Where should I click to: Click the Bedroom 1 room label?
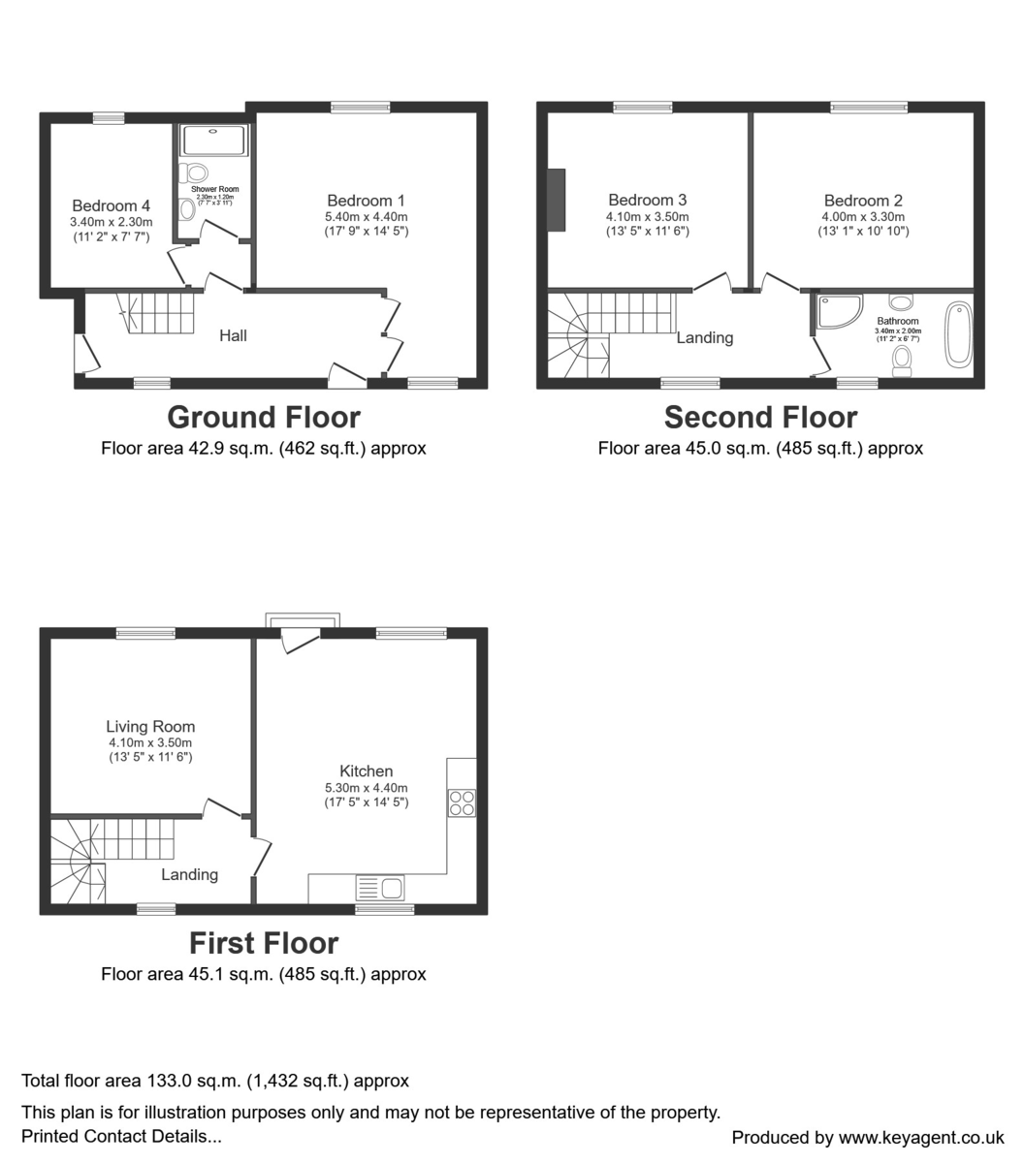point(367,202)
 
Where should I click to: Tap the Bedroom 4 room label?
point(112,205)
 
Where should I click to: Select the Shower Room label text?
point(214,189)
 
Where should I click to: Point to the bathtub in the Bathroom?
point(958,334)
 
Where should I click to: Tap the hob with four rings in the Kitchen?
point(462,803)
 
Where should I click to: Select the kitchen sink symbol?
point(381,888)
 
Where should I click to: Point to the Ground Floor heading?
point(264,418)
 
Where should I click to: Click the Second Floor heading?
point(760,418)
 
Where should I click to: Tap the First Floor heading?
point(264,943)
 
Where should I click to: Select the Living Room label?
point(150,727)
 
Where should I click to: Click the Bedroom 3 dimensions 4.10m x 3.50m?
point(648,217)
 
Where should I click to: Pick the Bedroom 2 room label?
point(863,201)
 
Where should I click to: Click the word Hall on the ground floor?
point(233,335)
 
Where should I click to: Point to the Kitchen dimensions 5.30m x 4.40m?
point(367,788)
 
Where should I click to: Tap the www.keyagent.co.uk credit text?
point(921,1138)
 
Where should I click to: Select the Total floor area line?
point(215,1081)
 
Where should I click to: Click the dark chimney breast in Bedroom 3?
point(556,201)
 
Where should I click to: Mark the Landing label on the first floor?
point(189,874)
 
